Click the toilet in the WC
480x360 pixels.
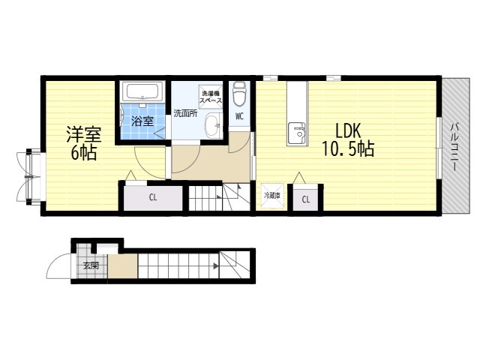point(240,93)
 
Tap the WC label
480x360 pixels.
point(239,116)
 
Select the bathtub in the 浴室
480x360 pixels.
point(142,91)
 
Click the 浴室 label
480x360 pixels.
point(142,121)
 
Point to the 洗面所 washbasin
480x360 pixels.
point(212,125)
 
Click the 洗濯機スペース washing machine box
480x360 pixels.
point(211,97)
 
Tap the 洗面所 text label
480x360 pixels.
point(185,113)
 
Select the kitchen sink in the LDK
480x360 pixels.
point(296,133)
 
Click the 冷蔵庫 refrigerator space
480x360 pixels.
point(272,196)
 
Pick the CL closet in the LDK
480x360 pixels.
point(305,199)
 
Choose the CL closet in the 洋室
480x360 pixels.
point(153,198)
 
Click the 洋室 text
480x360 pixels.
point(84,134)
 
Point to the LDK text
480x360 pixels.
point(349,130)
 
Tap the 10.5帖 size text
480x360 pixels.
point(348,150)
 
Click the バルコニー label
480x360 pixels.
point(455,146)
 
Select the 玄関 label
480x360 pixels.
point(91,265)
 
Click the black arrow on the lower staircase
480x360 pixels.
point(216,266)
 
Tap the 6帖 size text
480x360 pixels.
point(84,153)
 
